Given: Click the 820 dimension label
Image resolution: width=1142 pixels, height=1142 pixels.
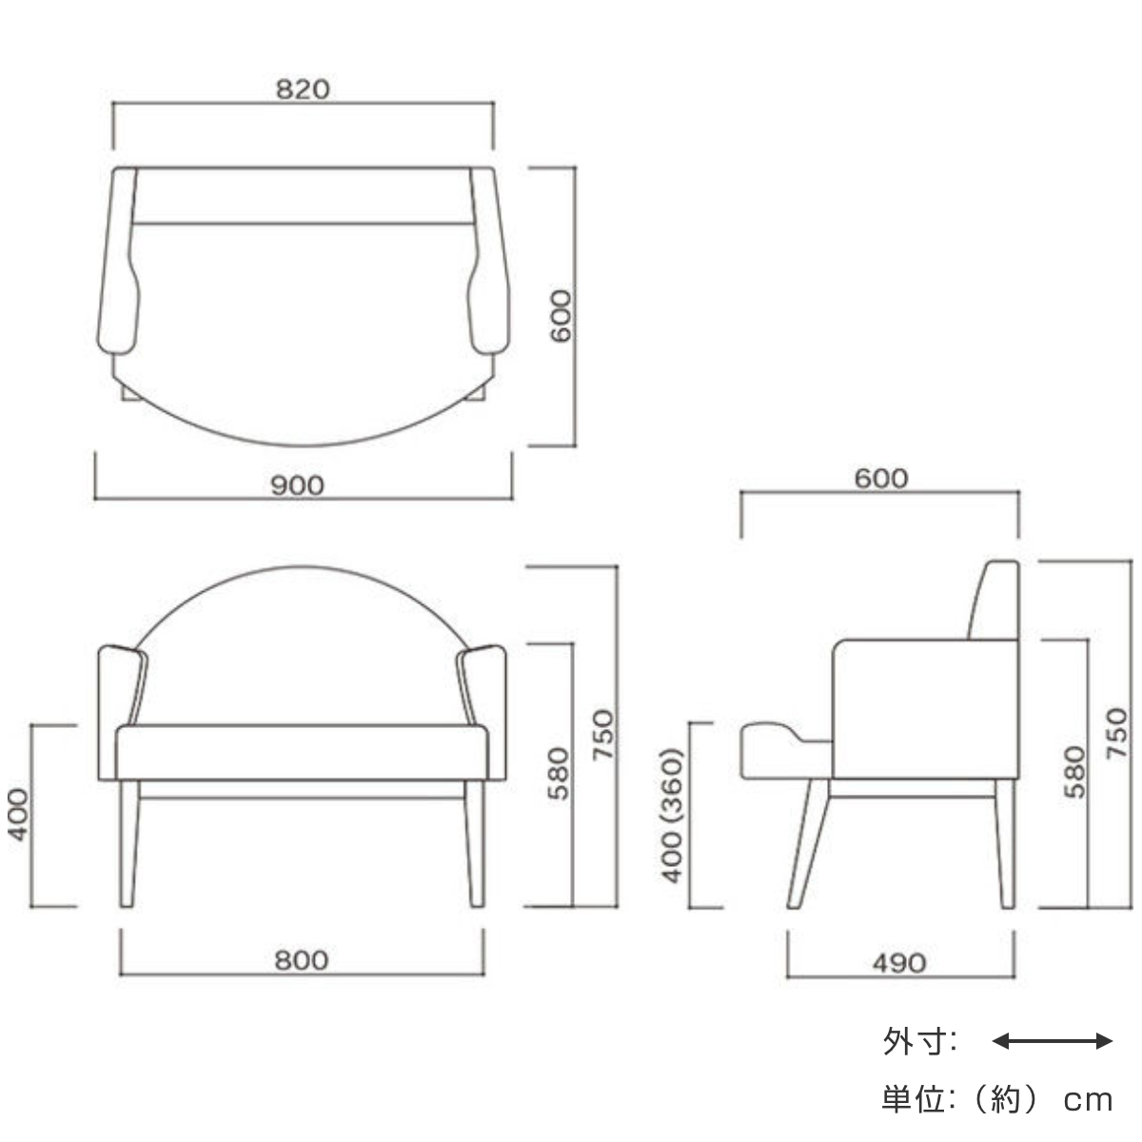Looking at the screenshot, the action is click(303, 89).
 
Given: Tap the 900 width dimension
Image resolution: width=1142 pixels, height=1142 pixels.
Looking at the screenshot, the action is click(297, 486).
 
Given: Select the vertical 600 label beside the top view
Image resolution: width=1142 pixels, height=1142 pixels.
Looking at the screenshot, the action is click(561, 316).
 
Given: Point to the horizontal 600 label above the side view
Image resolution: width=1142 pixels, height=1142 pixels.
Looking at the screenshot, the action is click(880, 479).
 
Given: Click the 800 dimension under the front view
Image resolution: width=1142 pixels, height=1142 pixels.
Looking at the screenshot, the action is click(301, 961).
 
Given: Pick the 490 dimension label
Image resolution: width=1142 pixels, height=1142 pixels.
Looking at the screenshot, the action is click(898, 964).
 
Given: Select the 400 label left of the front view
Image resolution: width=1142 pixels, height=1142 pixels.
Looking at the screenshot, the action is click(18, 815).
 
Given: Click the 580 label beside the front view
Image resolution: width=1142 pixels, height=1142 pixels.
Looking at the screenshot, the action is click(559, 774).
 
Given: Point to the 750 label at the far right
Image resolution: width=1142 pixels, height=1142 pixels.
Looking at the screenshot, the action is click(1116, 733).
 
